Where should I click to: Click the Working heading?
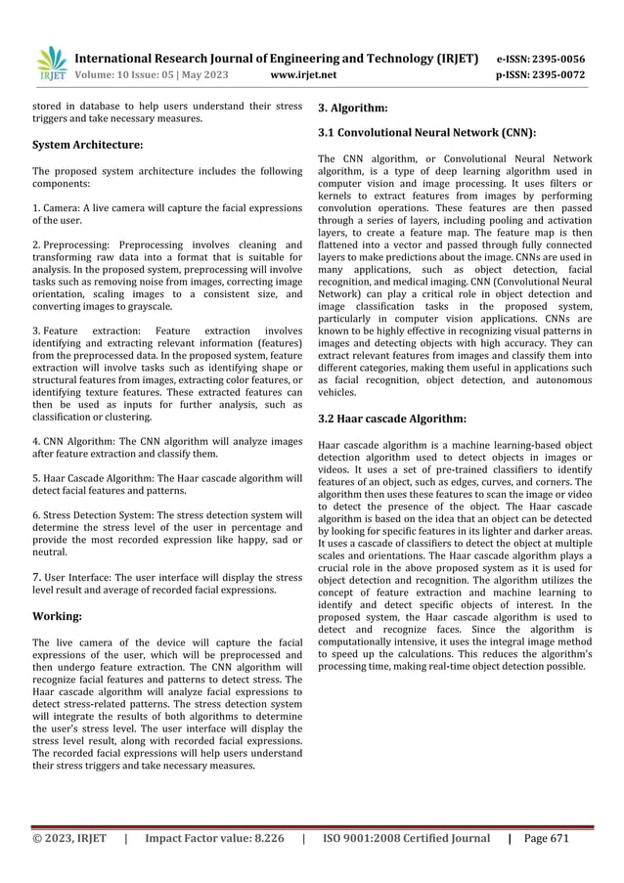pos(57,617)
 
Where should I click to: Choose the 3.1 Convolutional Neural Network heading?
pos(427,132)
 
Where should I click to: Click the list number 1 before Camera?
pos(35,207)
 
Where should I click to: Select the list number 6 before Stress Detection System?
pos(35,514)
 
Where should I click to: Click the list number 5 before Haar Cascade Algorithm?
pos(35,478)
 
